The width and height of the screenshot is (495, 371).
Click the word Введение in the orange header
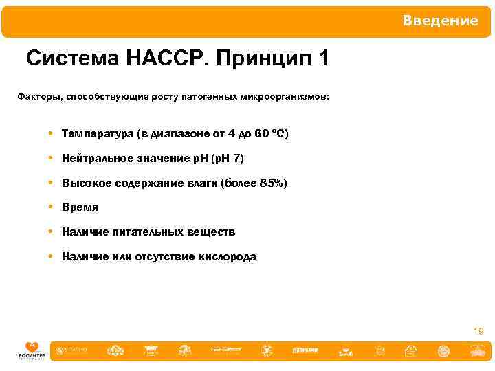pyautogui.click(x=440, y=21)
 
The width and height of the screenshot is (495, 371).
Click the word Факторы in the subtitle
pyautogui.click(x=38, y=98)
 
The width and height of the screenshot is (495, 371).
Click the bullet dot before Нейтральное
pyautogui.click(x=52, y=159)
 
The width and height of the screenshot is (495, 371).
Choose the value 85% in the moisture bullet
pyautogui.click(x=270, y=183)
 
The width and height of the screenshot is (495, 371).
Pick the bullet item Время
pyautogui.click(x=80, y=207)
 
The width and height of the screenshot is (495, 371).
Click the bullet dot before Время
pyautogui.click(x=52, y=207)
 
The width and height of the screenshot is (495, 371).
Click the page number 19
pyautogui.click(x=478, y=331)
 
